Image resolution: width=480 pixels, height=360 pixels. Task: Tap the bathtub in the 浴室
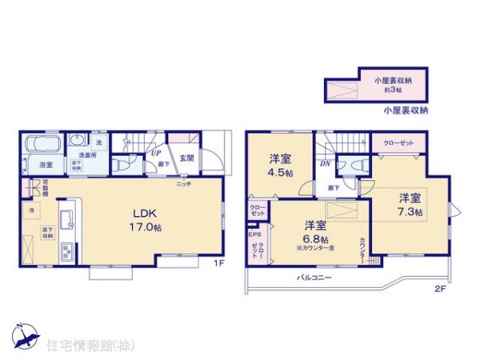click(41, 146)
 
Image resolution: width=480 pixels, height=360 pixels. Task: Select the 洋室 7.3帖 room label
click(410, 203)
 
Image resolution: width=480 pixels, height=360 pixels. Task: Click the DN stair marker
click(326, 165)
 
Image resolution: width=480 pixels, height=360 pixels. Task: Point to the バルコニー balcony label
click(316, 277)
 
